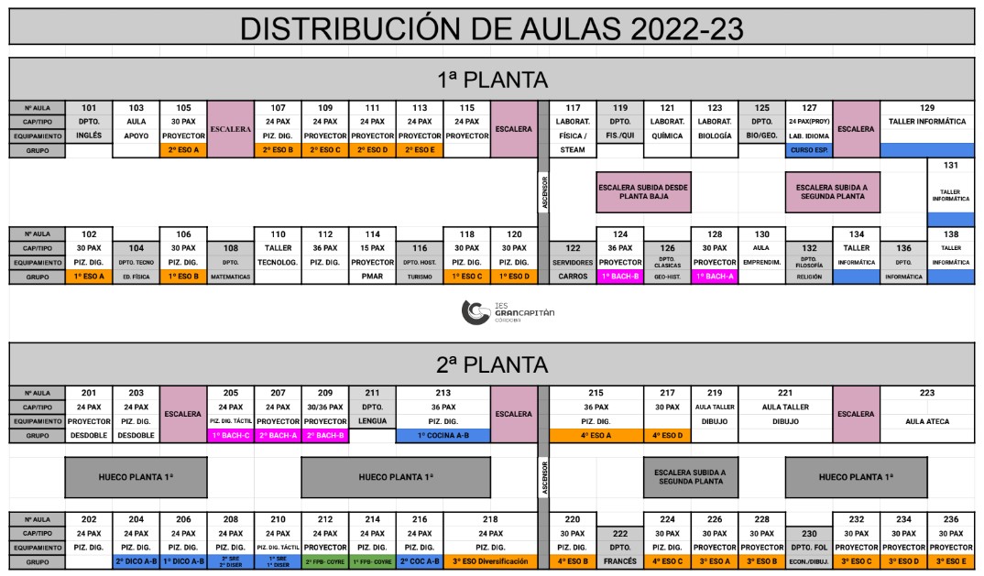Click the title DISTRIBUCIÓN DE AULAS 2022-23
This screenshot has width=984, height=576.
point(491,27)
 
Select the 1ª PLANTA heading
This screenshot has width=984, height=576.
point(491,80)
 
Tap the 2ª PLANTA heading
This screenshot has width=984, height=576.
point(491,364)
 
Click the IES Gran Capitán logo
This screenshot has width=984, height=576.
point(508,312)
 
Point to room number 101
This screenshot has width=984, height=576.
point(89,108)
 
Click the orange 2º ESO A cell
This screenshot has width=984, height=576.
point(183,150)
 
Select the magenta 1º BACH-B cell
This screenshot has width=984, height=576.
point(619,277)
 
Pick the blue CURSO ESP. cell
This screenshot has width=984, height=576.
point(809,150)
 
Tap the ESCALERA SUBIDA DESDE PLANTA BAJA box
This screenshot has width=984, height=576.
point(643,191)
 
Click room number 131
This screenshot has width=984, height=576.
point(951,166)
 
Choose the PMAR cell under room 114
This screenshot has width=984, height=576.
point(372,277)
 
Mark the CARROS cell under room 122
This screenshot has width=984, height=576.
point(573,277)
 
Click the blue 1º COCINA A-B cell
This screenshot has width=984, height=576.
point(443,436)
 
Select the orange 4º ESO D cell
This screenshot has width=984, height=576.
point(667,436)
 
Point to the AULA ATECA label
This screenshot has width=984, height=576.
point(926,422)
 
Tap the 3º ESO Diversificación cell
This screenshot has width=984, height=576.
point(490,561)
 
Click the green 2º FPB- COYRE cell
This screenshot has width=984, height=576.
point(324,561)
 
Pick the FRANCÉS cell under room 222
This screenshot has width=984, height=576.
point(619,561)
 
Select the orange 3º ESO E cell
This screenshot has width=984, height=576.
point(950,561)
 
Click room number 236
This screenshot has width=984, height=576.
point(950,519)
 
